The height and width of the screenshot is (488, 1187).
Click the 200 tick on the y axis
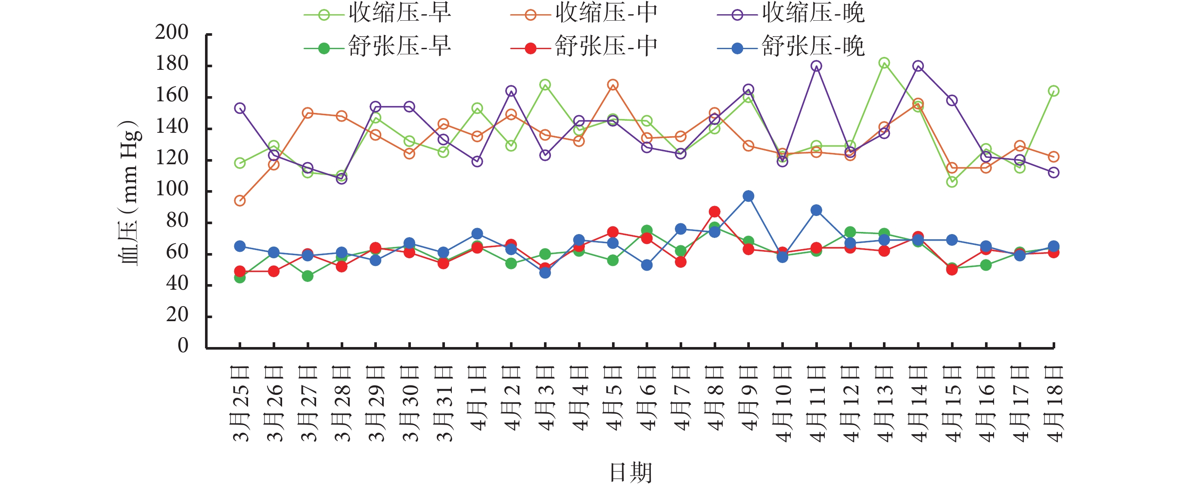[172, 33]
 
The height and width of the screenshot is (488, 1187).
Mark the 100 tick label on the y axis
[172, 189]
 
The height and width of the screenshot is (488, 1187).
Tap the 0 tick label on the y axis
[183, 345]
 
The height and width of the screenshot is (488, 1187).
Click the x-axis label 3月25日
[240, 404]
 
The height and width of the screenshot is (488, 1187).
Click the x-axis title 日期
[631, 472]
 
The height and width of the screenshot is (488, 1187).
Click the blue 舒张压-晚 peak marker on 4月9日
[748, 196]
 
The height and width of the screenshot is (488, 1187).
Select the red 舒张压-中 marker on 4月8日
[715, 212]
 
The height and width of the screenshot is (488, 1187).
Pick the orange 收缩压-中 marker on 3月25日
[239, 200]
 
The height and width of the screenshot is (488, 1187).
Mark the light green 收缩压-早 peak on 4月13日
[884, 63]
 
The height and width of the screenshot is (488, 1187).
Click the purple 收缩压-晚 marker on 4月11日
[816, 66]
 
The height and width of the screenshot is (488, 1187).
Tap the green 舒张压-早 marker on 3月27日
[308, 276]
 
